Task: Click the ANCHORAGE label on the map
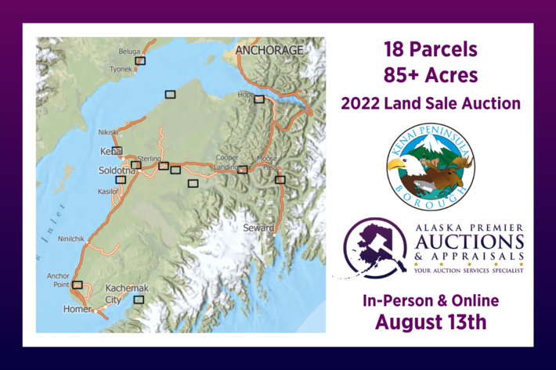click(x=269, y=50)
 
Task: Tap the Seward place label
click(x=258, y=228)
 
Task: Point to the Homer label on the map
click(x=77, y=310)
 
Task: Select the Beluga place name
click(x=129, y=52)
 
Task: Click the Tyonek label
click(x=121, y=69)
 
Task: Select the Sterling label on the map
click(x=149, y=159)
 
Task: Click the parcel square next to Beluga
click(x=141, y=60)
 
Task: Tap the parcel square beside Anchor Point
click(x=77, y=285)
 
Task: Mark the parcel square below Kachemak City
click(x=139, y=300)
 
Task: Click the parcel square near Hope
click(x=259, y=99)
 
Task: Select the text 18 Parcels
click(x=430, y=49)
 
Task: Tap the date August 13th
click(x=430, y=321)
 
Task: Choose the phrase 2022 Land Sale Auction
click(x=430, y=102)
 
